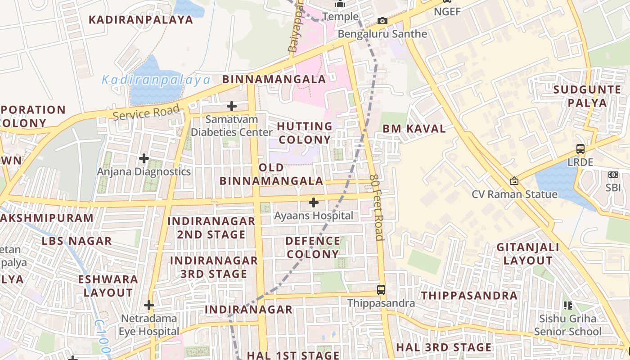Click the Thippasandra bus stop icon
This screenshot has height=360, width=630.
381,289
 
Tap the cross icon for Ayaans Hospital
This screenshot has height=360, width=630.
314,202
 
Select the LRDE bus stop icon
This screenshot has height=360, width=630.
580,149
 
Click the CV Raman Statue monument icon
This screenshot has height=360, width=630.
514,181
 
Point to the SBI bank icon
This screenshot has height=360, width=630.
613,175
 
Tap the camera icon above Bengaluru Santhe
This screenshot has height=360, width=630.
382,21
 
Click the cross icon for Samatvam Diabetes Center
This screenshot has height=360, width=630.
232,106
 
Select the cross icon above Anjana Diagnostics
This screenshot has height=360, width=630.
144,158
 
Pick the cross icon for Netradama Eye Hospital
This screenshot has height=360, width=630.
149,305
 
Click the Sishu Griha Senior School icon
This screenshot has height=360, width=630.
568,306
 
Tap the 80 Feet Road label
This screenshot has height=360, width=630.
376,207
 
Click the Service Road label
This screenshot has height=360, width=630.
146,112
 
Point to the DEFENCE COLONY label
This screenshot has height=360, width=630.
313,247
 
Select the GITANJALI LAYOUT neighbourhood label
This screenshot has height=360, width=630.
528,254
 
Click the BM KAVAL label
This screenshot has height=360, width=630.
414,129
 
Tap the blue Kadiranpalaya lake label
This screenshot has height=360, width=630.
156,80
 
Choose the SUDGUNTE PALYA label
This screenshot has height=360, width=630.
587,96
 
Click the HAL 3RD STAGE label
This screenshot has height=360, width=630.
444,347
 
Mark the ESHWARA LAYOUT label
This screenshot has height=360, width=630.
108,286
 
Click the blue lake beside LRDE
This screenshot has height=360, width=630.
558,182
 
